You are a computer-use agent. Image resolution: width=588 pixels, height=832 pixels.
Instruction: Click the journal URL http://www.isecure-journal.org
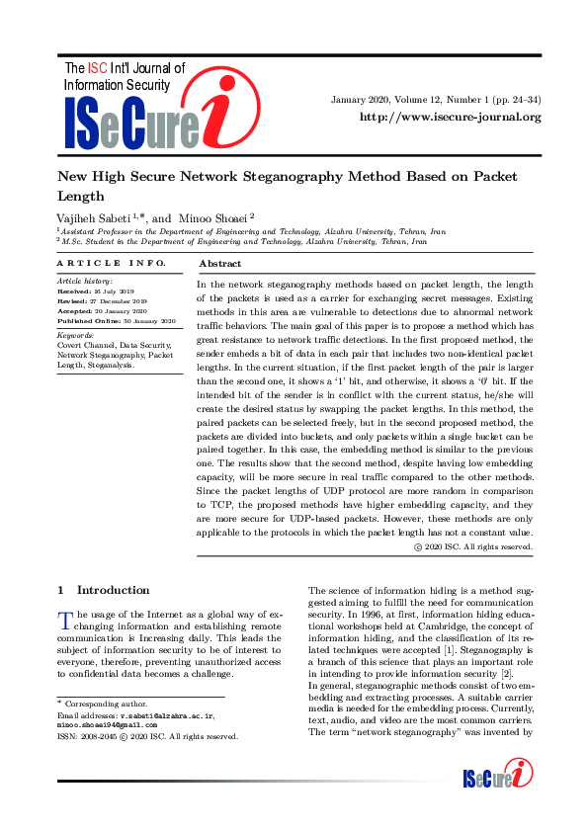450,117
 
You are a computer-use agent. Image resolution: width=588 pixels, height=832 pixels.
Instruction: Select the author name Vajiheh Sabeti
91,216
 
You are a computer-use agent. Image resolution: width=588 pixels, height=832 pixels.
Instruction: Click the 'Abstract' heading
220,265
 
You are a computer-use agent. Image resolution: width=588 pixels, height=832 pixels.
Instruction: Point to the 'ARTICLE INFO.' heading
111,263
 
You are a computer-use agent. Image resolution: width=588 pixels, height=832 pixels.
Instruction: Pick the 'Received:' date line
102,292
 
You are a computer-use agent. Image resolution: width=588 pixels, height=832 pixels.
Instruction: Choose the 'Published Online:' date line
116,321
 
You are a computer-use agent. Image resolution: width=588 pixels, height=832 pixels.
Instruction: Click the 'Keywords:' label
76,334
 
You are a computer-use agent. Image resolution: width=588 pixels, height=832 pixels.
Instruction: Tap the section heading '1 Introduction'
104,590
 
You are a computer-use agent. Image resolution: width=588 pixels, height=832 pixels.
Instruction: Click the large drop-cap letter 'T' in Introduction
65,621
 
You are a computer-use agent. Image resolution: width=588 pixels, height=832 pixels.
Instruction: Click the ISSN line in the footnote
147,736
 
